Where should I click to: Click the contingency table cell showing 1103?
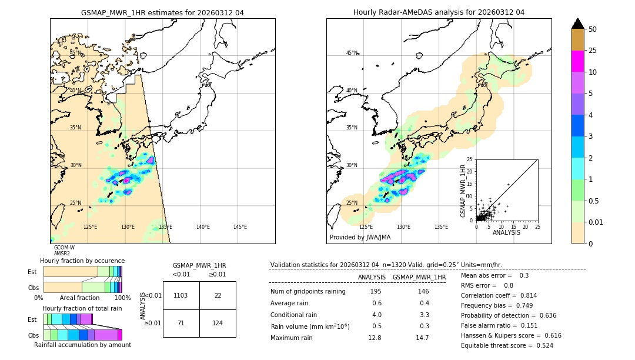181,295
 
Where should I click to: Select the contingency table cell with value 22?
218,295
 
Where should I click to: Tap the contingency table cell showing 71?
181,324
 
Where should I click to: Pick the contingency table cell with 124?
218,324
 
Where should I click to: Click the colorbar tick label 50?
593,29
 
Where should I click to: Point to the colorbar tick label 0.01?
596,222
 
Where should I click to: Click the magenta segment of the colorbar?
578,61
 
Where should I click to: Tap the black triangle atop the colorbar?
578,24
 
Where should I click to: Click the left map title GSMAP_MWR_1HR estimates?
162,12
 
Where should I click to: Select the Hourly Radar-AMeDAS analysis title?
439,12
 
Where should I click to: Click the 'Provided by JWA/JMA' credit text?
360,238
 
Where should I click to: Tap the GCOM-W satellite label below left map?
64,248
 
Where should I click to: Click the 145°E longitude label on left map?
240,227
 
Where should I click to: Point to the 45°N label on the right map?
352,53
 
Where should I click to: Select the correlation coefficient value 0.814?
524,295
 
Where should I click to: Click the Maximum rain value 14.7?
422,338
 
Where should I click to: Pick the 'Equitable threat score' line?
507,345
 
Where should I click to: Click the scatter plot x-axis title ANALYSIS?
506,233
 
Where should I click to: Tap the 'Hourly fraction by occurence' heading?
82,261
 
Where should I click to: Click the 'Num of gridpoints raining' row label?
308,292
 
